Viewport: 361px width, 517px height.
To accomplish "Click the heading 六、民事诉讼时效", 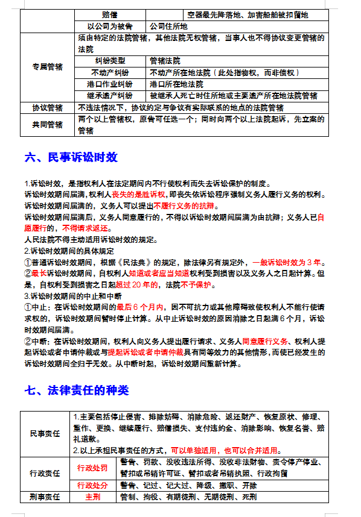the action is click(71, 157).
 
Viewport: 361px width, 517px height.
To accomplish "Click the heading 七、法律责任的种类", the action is click(77, 390).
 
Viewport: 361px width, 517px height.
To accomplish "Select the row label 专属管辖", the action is click(47, 67).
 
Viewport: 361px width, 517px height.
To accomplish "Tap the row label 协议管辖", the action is click(47, 107).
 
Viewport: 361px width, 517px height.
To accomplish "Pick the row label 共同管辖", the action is click(47, 125).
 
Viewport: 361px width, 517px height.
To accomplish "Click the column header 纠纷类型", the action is click(110, 61).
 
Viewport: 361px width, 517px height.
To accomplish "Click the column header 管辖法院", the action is click(165, 61).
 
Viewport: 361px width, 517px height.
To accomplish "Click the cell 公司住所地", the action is click(168, 27).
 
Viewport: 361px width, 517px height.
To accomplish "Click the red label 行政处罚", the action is click(92, 468).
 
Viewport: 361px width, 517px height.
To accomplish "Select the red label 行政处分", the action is click(92, 486).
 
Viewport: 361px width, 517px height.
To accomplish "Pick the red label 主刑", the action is click(92, 497).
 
